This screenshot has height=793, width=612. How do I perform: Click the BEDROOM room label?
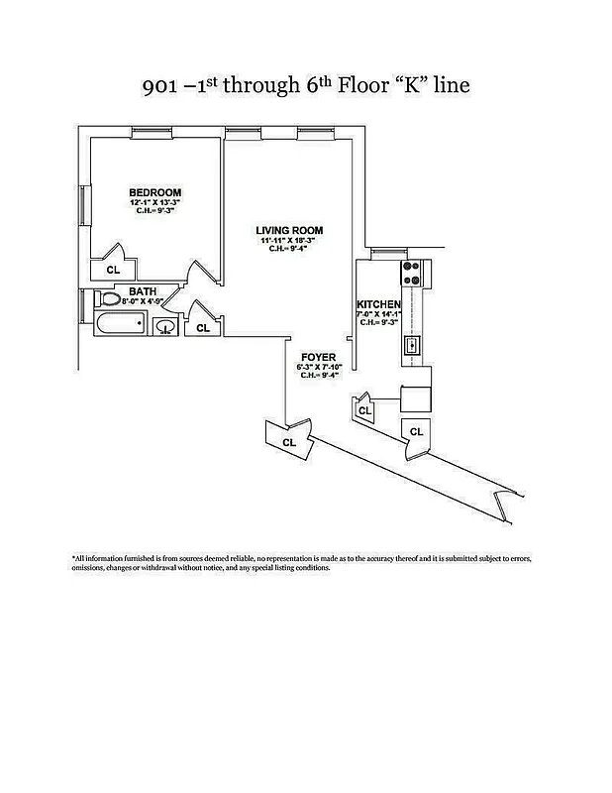[x=155, y=192]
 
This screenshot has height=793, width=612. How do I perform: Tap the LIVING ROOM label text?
[x=290, y=231]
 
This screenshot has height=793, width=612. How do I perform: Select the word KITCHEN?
[x=379, y=304]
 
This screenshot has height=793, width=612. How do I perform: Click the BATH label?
[x=143, y=291]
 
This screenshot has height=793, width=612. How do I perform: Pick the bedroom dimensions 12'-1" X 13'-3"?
[x=155, y=202]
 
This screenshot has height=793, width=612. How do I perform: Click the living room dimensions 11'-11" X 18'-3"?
[x=290, y=241]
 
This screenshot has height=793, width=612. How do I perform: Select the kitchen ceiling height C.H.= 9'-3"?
[x=379, y=322]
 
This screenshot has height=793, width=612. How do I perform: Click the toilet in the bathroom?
[x=110, y=298]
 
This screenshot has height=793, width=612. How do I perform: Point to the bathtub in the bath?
[x=119, y=323]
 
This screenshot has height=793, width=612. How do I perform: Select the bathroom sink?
[x=167, y=326]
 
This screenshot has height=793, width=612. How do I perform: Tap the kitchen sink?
[x=413, y=346]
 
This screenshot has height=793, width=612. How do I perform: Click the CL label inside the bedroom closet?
[x=112, y=269]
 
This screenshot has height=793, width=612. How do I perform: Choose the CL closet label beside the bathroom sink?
[x=203, y=327]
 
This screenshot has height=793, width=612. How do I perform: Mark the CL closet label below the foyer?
[x=289, y=442]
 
